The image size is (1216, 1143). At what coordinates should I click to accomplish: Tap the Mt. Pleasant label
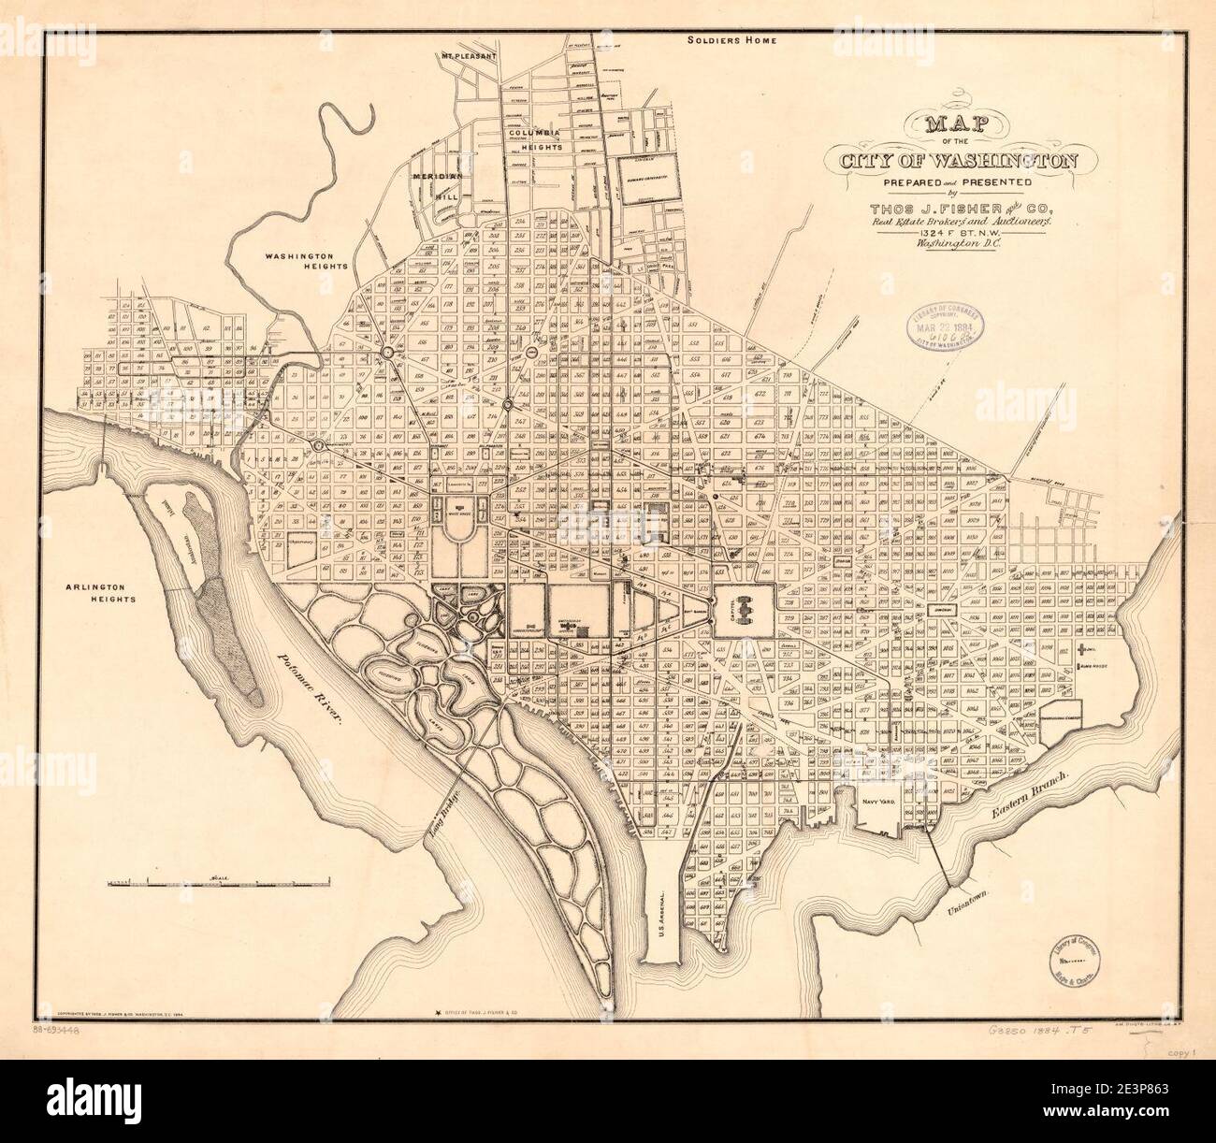click(470, 81)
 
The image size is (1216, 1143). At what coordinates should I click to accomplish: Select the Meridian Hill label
click(434, 184)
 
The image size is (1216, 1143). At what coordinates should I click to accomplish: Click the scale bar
click(219, 882)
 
